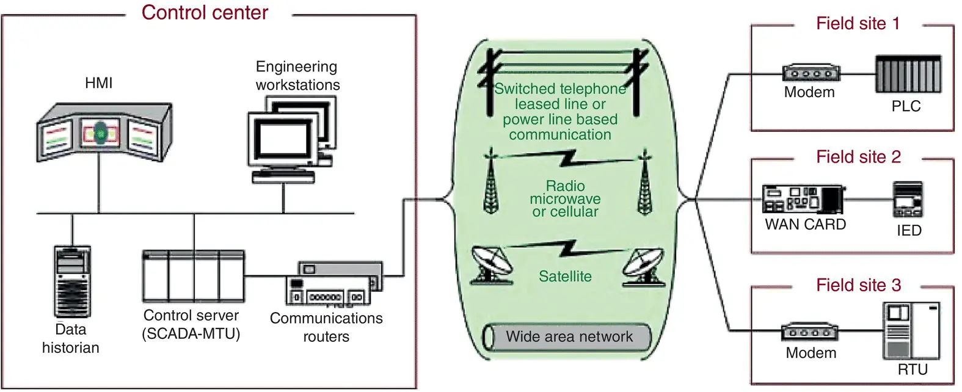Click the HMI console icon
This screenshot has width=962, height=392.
click(103, 131)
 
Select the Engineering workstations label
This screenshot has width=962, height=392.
click(297, 76)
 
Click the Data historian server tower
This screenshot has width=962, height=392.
click(72, 281)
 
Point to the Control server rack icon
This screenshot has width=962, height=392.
click(193, 276)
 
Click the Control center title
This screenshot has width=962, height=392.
click(205, 13)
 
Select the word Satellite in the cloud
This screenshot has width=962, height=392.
click(565, 277)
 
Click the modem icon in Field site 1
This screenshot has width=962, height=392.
click(811, 73)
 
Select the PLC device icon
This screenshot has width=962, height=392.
click(908, 74)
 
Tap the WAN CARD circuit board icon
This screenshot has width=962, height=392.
click(803, 199)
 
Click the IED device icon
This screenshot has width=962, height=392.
click(908, 200)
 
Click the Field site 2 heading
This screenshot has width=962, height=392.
click(858, 157)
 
